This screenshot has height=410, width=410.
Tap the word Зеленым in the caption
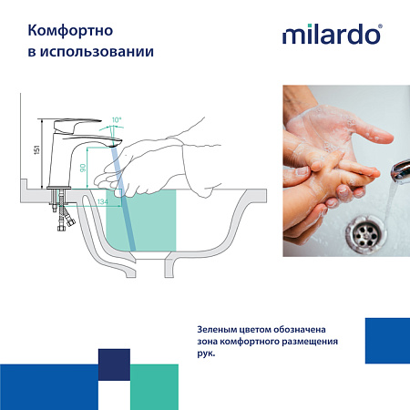(218, 329)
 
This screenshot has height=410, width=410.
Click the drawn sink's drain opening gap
(151, 268)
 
